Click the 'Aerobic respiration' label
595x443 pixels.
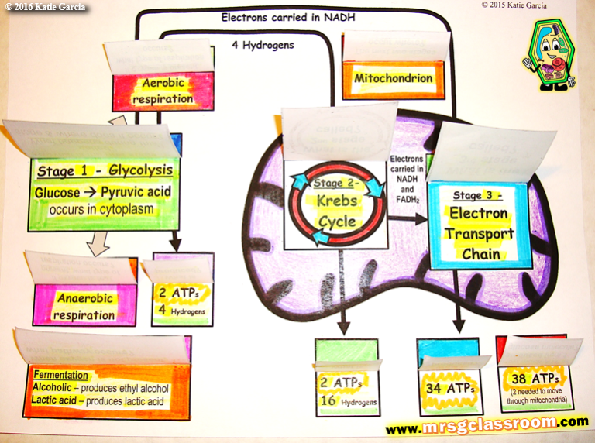(x=162, y=92)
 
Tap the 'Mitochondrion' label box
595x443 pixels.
(x=393, y=79)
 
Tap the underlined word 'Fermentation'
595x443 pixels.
(x=60, y=375)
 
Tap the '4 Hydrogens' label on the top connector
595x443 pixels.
(x=263, y=45)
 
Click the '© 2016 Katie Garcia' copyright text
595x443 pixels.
(x=46, y=8)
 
